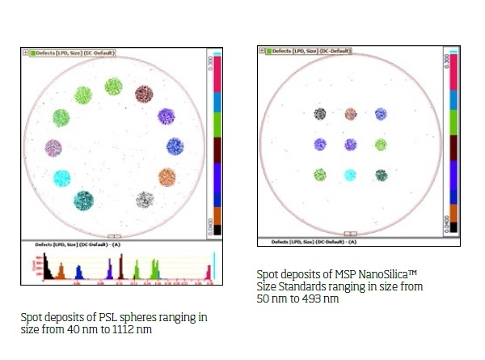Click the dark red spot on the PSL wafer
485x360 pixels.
(144, 94)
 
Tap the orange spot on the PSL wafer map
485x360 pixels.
(167, 176)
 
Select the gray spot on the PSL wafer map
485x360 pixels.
(145, 200)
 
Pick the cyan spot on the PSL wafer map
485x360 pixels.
(62, 177)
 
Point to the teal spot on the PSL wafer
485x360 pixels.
(83, 200)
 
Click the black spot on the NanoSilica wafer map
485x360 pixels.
(320, 114)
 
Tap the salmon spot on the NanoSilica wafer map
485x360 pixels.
(351, 114)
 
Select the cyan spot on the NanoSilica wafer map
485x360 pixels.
(351, 174)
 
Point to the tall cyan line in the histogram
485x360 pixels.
(213, 267)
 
